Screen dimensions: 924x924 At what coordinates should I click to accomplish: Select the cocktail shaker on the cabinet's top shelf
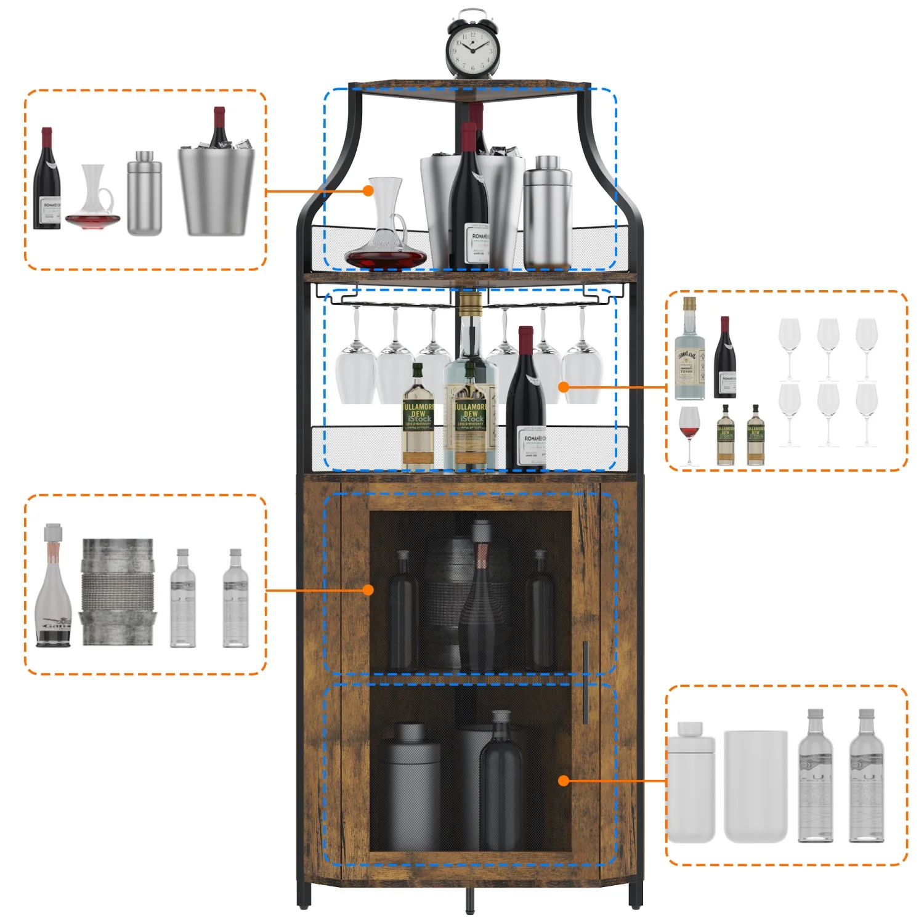click(547, 213)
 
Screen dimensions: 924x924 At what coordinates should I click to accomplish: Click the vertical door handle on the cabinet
click(585, 683)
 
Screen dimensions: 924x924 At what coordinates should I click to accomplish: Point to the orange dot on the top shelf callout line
click(368, 191)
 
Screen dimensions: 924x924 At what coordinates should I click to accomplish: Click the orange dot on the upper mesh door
click(368, 590)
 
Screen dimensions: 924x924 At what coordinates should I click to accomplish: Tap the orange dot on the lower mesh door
click(563, 780)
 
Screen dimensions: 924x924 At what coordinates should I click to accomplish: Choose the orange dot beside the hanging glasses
click(563, 387)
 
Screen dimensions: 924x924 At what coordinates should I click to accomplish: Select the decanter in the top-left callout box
click(94, 200)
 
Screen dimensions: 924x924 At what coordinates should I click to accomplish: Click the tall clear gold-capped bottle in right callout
click(689, 351)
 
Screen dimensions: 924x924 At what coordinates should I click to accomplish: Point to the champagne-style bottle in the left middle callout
click(53, 588)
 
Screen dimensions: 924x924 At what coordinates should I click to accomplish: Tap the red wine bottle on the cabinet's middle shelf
click(525, 407)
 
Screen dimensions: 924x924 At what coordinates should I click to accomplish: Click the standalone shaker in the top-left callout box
click(145, 194)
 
